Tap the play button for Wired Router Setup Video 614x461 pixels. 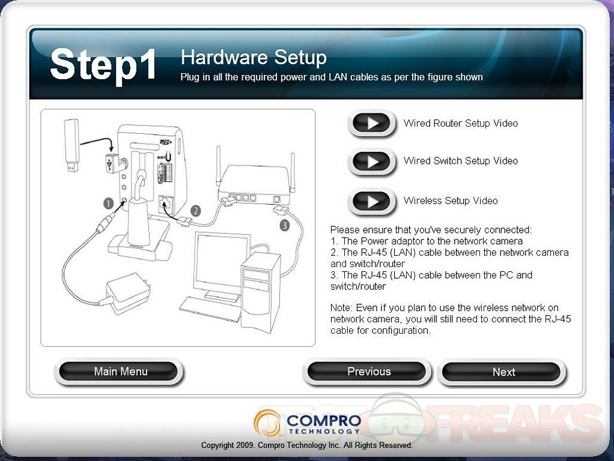click(x=372, y=123)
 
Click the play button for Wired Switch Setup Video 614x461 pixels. click(x=372, y=161)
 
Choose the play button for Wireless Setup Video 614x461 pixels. click(x=372, y=201)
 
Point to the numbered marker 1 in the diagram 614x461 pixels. click(x=108, y=203)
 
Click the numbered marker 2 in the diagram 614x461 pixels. click(x=195, y=211)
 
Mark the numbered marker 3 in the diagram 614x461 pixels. click(x=285, y=225)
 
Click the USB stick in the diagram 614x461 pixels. click(x=72, y=145)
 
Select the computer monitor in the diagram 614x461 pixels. click(x=220, y=266)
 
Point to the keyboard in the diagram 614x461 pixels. click(x=210, y=309)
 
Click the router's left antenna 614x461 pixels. click(x=219, y=164)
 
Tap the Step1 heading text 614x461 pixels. click(x=103, y=65)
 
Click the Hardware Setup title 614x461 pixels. click(x=254, y=58)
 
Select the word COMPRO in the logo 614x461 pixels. click(x=324, y=421)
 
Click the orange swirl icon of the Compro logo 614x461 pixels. click(x=267, y=423)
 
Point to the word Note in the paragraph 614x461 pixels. click(x=341, y=307)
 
